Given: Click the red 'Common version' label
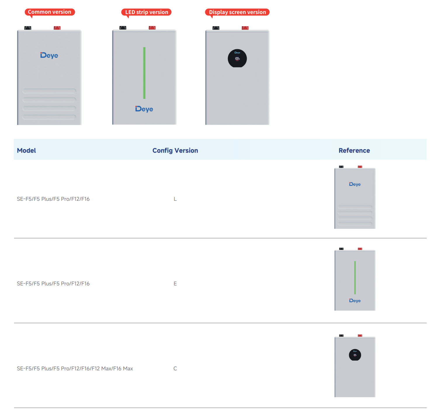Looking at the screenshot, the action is click(x=50, y=12).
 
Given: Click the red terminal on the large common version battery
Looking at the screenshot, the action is click(x=57, y=28).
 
